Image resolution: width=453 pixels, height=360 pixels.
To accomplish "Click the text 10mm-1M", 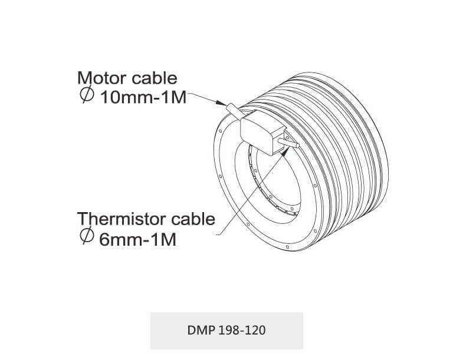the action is point(143,98).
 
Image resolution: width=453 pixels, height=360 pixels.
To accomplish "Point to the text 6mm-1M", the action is point(137,240).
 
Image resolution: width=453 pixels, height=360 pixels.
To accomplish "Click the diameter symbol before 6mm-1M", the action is point(87,235).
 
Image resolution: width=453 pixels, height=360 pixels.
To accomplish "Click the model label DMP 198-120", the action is point(226,331).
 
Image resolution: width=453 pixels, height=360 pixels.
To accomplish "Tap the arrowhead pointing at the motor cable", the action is point(221,103).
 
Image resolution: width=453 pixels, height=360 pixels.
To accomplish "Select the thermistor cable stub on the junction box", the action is point(288,143).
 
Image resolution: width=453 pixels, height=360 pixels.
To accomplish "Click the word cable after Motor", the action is point(155,78).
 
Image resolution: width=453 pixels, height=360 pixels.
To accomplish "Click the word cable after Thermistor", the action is point(193,219).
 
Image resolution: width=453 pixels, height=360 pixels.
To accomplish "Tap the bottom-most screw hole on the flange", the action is point(287,247).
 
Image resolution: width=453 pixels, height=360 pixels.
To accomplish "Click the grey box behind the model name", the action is point(226,331).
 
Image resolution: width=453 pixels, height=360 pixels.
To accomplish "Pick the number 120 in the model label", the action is point(255,331).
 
